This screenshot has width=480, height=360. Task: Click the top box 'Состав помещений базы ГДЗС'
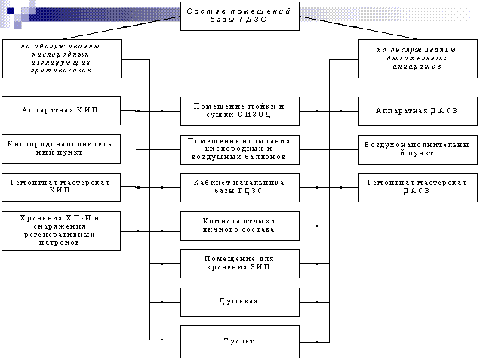pyautogui.click(x=239, y=16)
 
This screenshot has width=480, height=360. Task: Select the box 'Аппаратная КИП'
pyautogui.click(x=60, y=110)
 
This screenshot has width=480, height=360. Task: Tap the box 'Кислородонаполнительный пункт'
pyautogui.click(x=60, y=149)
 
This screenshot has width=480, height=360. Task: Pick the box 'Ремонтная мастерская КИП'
pyautogui.click(x=60, y=187)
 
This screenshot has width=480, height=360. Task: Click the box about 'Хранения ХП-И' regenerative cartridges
pyautogui.click(x=60, y=229)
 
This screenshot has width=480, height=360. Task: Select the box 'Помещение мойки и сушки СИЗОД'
pyautogui.click(x=239, y=110)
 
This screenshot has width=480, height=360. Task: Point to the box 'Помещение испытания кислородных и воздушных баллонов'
pyautogui.click(x=239, y=149)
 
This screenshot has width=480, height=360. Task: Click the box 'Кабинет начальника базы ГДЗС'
pyautogui.click(x=239, y=187)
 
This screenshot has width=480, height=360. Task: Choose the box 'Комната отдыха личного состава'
pyautogui.click(x=239, y=225)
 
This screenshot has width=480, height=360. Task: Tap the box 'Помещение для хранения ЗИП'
pyautogui.click(x=239, y=263)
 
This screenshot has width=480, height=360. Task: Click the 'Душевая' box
pyautogui.click(x=239, y=301)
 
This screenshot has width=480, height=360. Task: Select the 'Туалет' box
pyautogui.click(x=239, y=340)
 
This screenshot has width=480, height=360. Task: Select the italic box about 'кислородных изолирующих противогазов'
pyautogui.click(x=60, y=58)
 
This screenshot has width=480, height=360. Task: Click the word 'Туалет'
pyautogui.click(x=238, y=340)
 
